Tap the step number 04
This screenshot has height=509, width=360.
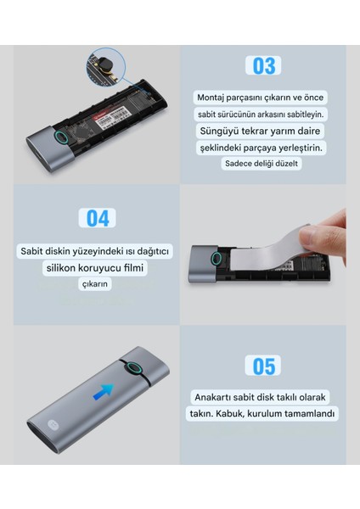pyautogui.click(x=98, y=217)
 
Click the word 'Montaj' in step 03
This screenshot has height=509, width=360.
pyautogui.click(x=211, y=98)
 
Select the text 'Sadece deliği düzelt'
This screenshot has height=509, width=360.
pyautogui.click(x=262, y=164)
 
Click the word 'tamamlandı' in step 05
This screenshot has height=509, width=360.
pyautogui.click(x=311, y=414)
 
